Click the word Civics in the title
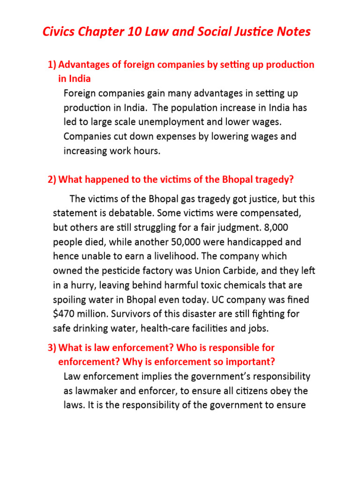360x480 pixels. point(58,32)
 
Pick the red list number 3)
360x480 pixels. point(52,348)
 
